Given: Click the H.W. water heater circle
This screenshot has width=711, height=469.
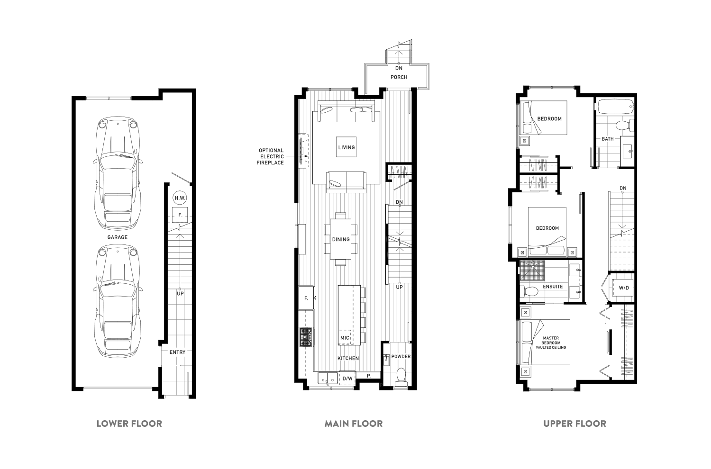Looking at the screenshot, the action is tap(180, 198).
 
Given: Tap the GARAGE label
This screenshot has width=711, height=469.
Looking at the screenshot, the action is tap(118, 237).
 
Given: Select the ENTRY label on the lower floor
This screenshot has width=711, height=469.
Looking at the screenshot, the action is tap(177, 352).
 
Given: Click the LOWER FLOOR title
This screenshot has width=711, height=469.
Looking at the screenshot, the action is tap(129, 424).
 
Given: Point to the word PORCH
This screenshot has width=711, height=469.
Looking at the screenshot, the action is tap(399, 77).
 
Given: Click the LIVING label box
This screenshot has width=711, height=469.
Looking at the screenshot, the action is tap(346, 147).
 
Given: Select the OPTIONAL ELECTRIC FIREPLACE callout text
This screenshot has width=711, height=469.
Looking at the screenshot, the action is tap(271, 156).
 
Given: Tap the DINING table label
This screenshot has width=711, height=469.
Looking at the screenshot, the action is tap(341, 239).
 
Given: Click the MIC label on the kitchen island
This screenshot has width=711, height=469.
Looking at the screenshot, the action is tap(345, 338).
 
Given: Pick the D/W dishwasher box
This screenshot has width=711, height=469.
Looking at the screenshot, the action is tap(347, 378).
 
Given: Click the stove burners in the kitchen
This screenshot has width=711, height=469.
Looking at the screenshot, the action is tap(306, 337).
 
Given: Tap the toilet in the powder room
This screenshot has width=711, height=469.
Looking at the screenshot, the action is tap(401, 377).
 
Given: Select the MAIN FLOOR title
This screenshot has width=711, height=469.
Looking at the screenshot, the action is tap(354, 424).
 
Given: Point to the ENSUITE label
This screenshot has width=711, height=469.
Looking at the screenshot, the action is tap(553, 287).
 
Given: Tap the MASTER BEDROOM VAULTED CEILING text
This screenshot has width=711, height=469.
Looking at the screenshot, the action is tap(551, 343).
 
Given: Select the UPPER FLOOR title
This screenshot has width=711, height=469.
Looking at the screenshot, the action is tap(575, 424).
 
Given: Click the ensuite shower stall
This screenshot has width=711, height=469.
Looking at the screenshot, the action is tap(532, 271).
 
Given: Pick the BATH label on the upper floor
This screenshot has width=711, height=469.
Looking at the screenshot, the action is tap(608, 139).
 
